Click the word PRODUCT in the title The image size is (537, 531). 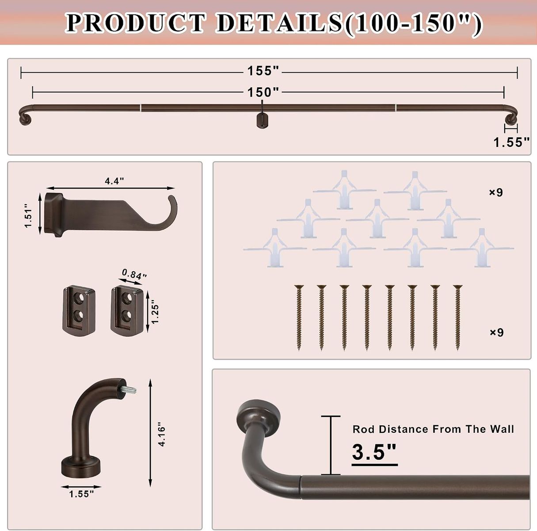136,23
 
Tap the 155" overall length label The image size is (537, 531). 263,71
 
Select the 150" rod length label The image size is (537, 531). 263,92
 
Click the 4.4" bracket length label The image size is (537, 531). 114,181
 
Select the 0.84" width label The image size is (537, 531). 134,275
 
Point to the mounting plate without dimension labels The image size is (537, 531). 79,310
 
